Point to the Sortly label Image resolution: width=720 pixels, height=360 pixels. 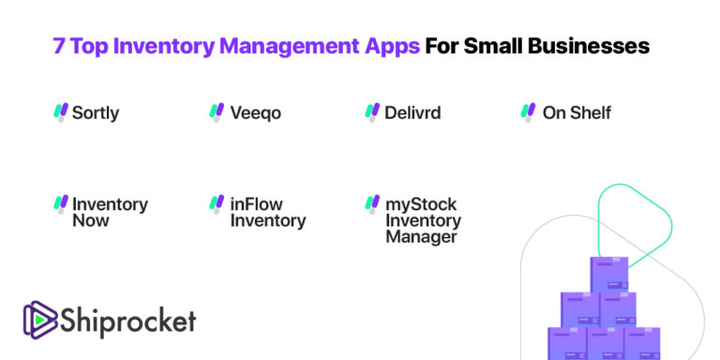96,113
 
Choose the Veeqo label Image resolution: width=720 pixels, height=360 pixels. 255,113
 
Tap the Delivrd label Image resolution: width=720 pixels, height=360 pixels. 412,113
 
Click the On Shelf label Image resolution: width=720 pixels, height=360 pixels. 577,113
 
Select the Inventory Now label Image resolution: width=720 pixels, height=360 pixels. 110,213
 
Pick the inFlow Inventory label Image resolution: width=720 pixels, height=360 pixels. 267,213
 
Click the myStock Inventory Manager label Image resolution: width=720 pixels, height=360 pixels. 423,220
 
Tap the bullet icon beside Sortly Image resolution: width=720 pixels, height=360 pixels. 61,112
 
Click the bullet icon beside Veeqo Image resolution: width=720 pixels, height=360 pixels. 217,112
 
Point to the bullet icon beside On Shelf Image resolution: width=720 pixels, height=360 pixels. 529,112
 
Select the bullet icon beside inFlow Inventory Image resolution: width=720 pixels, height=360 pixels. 217,203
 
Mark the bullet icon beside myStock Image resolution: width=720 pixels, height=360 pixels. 372,203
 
